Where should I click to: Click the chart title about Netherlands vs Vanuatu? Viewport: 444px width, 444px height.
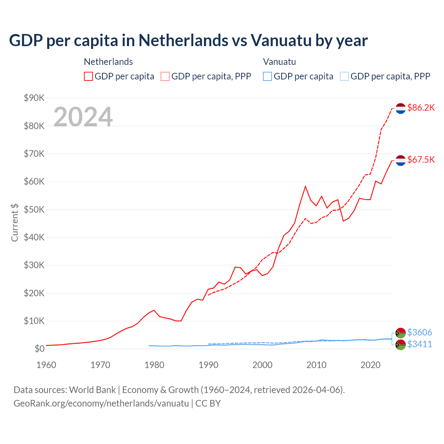188,41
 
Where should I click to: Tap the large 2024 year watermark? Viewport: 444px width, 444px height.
83,117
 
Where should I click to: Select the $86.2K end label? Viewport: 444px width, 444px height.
421,108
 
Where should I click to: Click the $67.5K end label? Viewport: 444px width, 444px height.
421,160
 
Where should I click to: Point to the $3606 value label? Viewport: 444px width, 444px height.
419,332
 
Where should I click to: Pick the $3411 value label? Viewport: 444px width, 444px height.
419,344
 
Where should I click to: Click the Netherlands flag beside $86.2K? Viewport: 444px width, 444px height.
401,108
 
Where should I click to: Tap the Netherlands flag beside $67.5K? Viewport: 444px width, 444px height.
401,160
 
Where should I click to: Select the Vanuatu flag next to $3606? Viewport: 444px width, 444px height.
401,333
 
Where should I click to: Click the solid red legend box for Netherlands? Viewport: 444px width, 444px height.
88,76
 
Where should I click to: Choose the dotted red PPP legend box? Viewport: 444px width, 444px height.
165,76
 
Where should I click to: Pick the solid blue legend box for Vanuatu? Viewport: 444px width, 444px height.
267,76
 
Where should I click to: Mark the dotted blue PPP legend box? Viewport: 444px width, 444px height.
344,76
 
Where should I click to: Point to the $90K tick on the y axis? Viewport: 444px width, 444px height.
34,98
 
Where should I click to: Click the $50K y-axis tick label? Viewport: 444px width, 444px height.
34,210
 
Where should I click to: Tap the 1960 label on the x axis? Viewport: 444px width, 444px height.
46,365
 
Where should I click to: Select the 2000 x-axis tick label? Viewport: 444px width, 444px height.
262,365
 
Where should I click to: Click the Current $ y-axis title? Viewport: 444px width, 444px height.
15,222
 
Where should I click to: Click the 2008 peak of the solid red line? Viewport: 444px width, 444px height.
305,186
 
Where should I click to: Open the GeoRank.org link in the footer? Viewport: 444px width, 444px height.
101,403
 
